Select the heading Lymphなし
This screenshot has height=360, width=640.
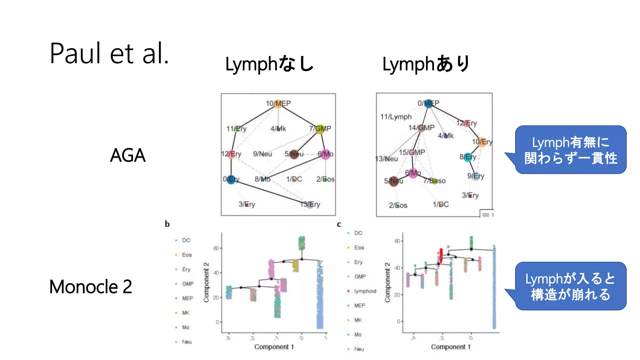[x=269, y=64]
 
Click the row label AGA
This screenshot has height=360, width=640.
[x=128, y=155]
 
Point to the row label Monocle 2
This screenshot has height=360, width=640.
[x=91, y=287]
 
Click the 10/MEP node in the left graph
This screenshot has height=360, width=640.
[x=278, y=103]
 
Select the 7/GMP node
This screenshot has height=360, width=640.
[x=320, y=129]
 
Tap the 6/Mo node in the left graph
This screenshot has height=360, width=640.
[x=325, y=154]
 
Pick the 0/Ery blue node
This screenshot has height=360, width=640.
[x=231, y=179]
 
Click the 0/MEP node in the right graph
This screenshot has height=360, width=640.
[x=429, y=103]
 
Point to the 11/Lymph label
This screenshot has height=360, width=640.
[x=396, y=117]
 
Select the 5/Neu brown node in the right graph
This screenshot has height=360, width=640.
[x=394, y=181]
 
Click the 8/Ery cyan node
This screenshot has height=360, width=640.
[x=468, y=157]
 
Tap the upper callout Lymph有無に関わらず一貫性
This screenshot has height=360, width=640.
[x=570, y=150]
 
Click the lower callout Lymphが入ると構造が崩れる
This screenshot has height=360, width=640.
[x=570, y=286]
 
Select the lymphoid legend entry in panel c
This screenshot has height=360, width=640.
[x=365, y=291]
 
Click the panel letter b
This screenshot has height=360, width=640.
[x=167, y=224]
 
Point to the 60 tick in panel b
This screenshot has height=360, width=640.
[x=216, y=248]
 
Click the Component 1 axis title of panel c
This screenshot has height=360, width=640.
[x=451, y=347]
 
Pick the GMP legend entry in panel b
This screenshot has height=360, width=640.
[x=187, y=284]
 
